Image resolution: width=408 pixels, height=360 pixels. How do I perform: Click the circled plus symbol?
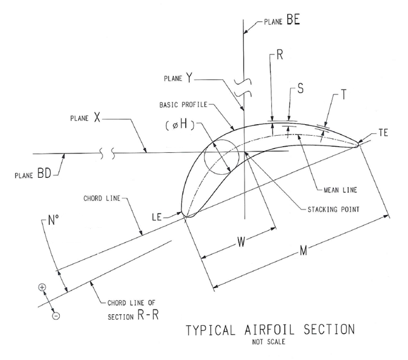pos(43,287)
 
